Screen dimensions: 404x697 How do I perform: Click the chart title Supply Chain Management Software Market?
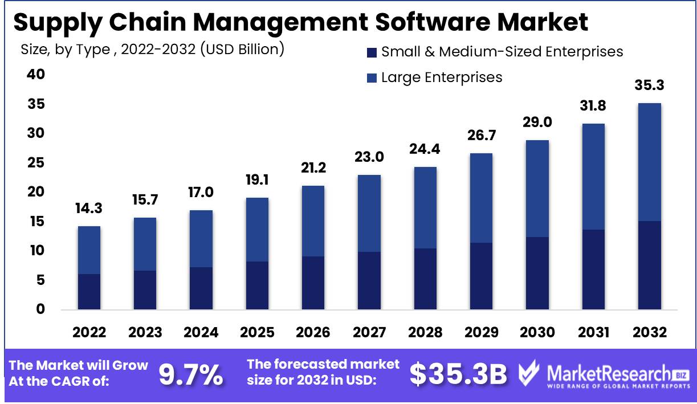click(300, 22)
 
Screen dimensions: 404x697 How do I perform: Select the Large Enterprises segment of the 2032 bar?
click(650, 162)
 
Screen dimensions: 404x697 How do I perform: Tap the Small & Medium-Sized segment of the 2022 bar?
click(89, 292)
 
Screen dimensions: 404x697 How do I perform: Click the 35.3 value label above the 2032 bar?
click(650, 86)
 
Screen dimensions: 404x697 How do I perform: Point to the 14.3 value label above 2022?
click(89, 209)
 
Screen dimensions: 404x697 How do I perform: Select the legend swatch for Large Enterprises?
click(372, 77)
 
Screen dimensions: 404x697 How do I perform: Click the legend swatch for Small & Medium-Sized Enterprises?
click(372, 52)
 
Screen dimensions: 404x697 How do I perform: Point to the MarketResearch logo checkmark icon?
click(529, 374)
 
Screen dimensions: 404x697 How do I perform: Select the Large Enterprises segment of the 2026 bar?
click(313, 221)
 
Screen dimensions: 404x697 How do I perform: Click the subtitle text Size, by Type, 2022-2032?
click(152, 50)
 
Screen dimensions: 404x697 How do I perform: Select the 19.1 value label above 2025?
click(258, 181)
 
